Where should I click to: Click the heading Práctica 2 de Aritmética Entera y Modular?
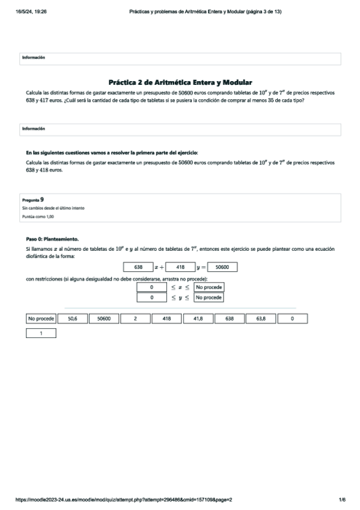(x=180, y=82)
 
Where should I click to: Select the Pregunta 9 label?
(x=32, y=198)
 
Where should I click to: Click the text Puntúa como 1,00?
(x=37, y=215)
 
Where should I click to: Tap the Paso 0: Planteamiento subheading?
(x=52, y=239)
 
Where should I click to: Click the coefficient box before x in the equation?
(x=138, y=267)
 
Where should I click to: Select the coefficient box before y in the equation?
(x=180, y=267)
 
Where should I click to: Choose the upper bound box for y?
(x=209, y=297)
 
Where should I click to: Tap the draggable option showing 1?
(x=41, y=333)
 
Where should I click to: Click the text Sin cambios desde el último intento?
(x=52, y=207)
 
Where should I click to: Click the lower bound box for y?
(x=152, y=297)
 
